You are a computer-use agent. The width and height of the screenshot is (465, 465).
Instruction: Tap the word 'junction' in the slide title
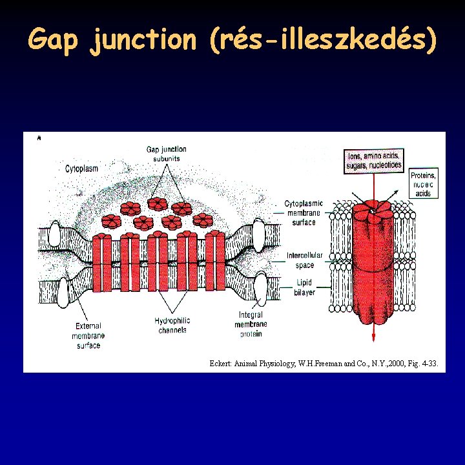click(143, 41)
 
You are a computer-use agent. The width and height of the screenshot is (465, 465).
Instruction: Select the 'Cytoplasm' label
click(82, 169)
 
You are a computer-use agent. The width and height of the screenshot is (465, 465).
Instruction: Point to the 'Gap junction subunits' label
click(167, 154)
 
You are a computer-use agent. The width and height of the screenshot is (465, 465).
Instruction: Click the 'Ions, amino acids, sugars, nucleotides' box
click(375, 160)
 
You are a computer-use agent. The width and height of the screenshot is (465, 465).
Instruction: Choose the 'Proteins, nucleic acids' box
click(423, 184)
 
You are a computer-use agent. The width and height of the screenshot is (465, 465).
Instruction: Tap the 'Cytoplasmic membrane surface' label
click(304, 212)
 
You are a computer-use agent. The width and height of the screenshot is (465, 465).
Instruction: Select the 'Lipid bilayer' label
click(305, 287)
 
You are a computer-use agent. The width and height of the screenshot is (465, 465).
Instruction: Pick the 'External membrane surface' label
click(88, 336)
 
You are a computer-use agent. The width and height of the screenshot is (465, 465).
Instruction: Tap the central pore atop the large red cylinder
click(372, 211)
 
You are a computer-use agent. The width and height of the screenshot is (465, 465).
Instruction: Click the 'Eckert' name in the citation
click(222, 364)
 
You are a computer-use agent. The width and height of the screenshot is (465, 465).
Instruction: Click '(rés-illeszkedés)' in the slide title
click(323, 41)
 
